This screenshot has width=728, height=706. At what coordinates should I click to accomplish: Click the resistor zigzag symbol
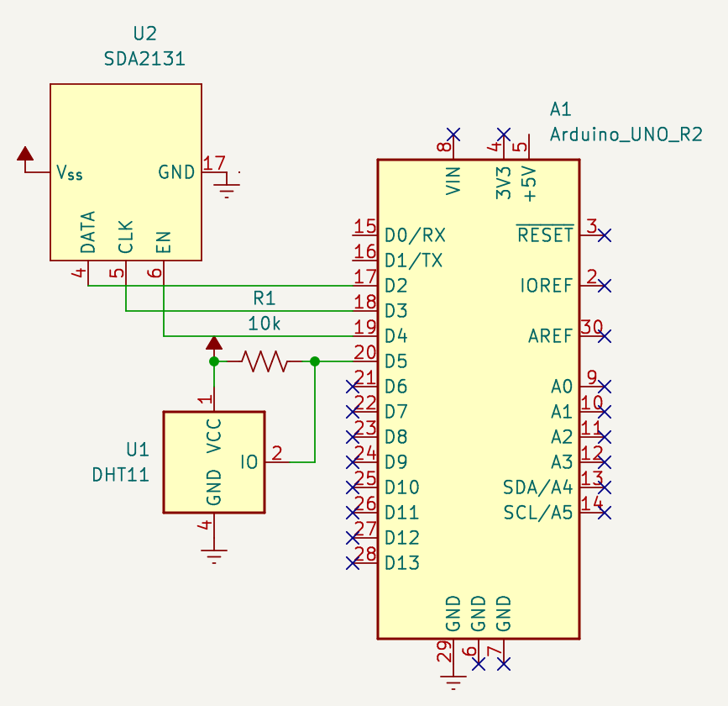click(264, 361)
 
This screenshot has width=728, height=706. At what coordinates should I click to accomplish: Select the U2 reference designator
click(144, 34)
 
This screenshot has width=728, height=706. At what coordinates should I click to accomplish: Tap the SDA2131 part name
click(144, 59)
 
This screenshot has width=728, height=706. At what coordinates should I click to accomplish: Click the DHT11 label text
click(120, 474)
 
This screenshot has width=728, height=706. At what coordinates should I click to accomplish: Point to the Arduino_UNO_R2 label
click(626, 134)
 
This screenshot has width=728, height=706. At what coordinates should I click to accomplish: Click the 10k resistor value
click(264, 324)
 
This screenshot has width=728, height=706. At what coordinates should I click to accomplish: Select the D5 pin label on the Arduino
click(395, 361)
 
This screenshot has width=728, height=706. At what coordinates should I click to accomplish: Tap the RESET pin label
click(545, 235)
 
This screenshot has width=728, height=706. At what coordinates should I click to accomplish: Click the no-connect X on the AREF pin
click(604, 336)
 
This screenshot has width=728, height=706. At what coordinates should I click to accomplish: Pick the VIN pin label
click(453, 181)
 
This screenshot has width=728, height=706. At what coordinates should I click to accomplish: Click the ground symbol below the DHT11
click(214, 555)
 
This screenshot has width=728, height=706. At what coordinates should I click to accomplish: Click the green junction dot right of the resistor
click(315, 361)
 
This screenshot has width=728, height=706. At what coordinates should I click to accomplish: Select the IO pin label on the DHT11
click(249, 462)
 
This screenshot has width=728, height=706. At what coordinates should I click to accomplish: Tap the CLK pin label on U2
click(126, 237)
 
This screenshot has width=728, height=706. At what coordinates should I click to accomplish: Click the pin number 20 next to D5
click(364, 353)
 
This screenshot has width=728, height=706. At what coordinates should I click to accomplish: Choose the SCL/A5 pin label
click(537, 513)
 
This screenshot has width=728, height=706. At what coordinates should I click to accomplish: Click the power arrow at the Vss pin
click(25, 154)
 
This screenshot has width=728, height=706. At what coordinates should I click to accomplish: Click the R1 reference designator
click(264, 298)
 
